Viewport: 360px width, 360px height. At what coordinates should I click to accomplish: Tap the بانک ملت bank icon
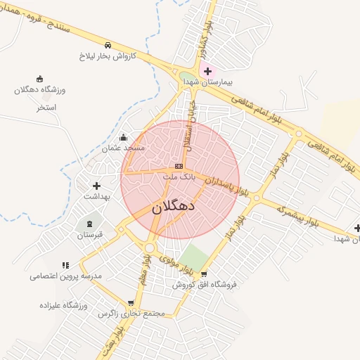tap(179, 166)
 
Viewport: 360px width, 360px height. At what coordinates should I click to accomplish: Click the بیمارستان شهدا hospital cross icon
tap(207, 71)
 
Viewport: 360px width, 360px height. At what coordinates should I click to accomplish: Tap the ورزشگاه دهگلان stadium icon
tap(39, 79)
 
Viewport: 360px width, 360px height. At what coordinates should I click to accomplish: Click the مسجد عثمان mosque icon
tap(124, 137)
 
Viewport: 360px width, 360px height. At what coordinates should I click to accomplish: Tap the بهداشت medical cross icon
tap(97, 186)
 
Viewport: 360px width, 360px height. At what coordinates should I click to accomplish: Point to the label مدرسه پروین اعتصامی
tap(65, 276)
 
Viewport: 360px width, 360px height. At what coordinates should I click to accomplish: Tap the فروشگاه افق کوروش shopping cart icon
tap(204, 274)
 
